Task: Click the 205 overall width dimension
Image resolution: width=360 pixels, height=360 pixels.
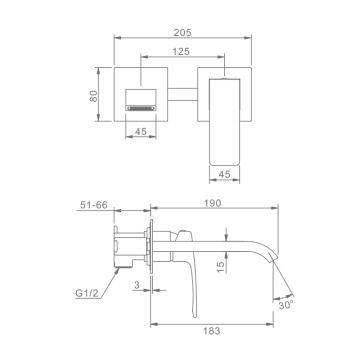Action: (183, 32)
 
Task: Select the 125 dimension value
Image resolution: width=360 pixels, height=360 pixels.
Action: (181, 52)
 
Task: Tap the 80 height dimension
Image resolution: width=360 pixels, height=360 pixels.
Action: (94, 96)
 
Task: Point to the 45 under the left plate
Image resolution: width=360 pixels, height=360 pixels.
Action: (141, 132)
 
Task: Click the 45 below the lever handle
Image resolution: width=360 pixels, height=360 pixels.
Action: (225, 174)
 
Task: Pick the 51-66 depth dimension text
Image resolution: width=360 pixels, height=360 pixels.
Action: (94, 205)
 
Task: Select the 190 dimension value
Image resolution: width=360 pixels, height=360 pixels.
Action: (213, 203)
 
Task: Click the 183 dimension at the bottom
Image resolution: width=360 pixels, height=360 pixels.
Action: (211, 331)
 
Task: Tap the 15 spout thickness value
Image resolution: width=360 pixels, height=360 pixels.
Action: (221, 267)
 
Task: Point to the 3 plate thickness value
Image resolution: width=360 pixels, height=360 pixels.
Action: (136, 285)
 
